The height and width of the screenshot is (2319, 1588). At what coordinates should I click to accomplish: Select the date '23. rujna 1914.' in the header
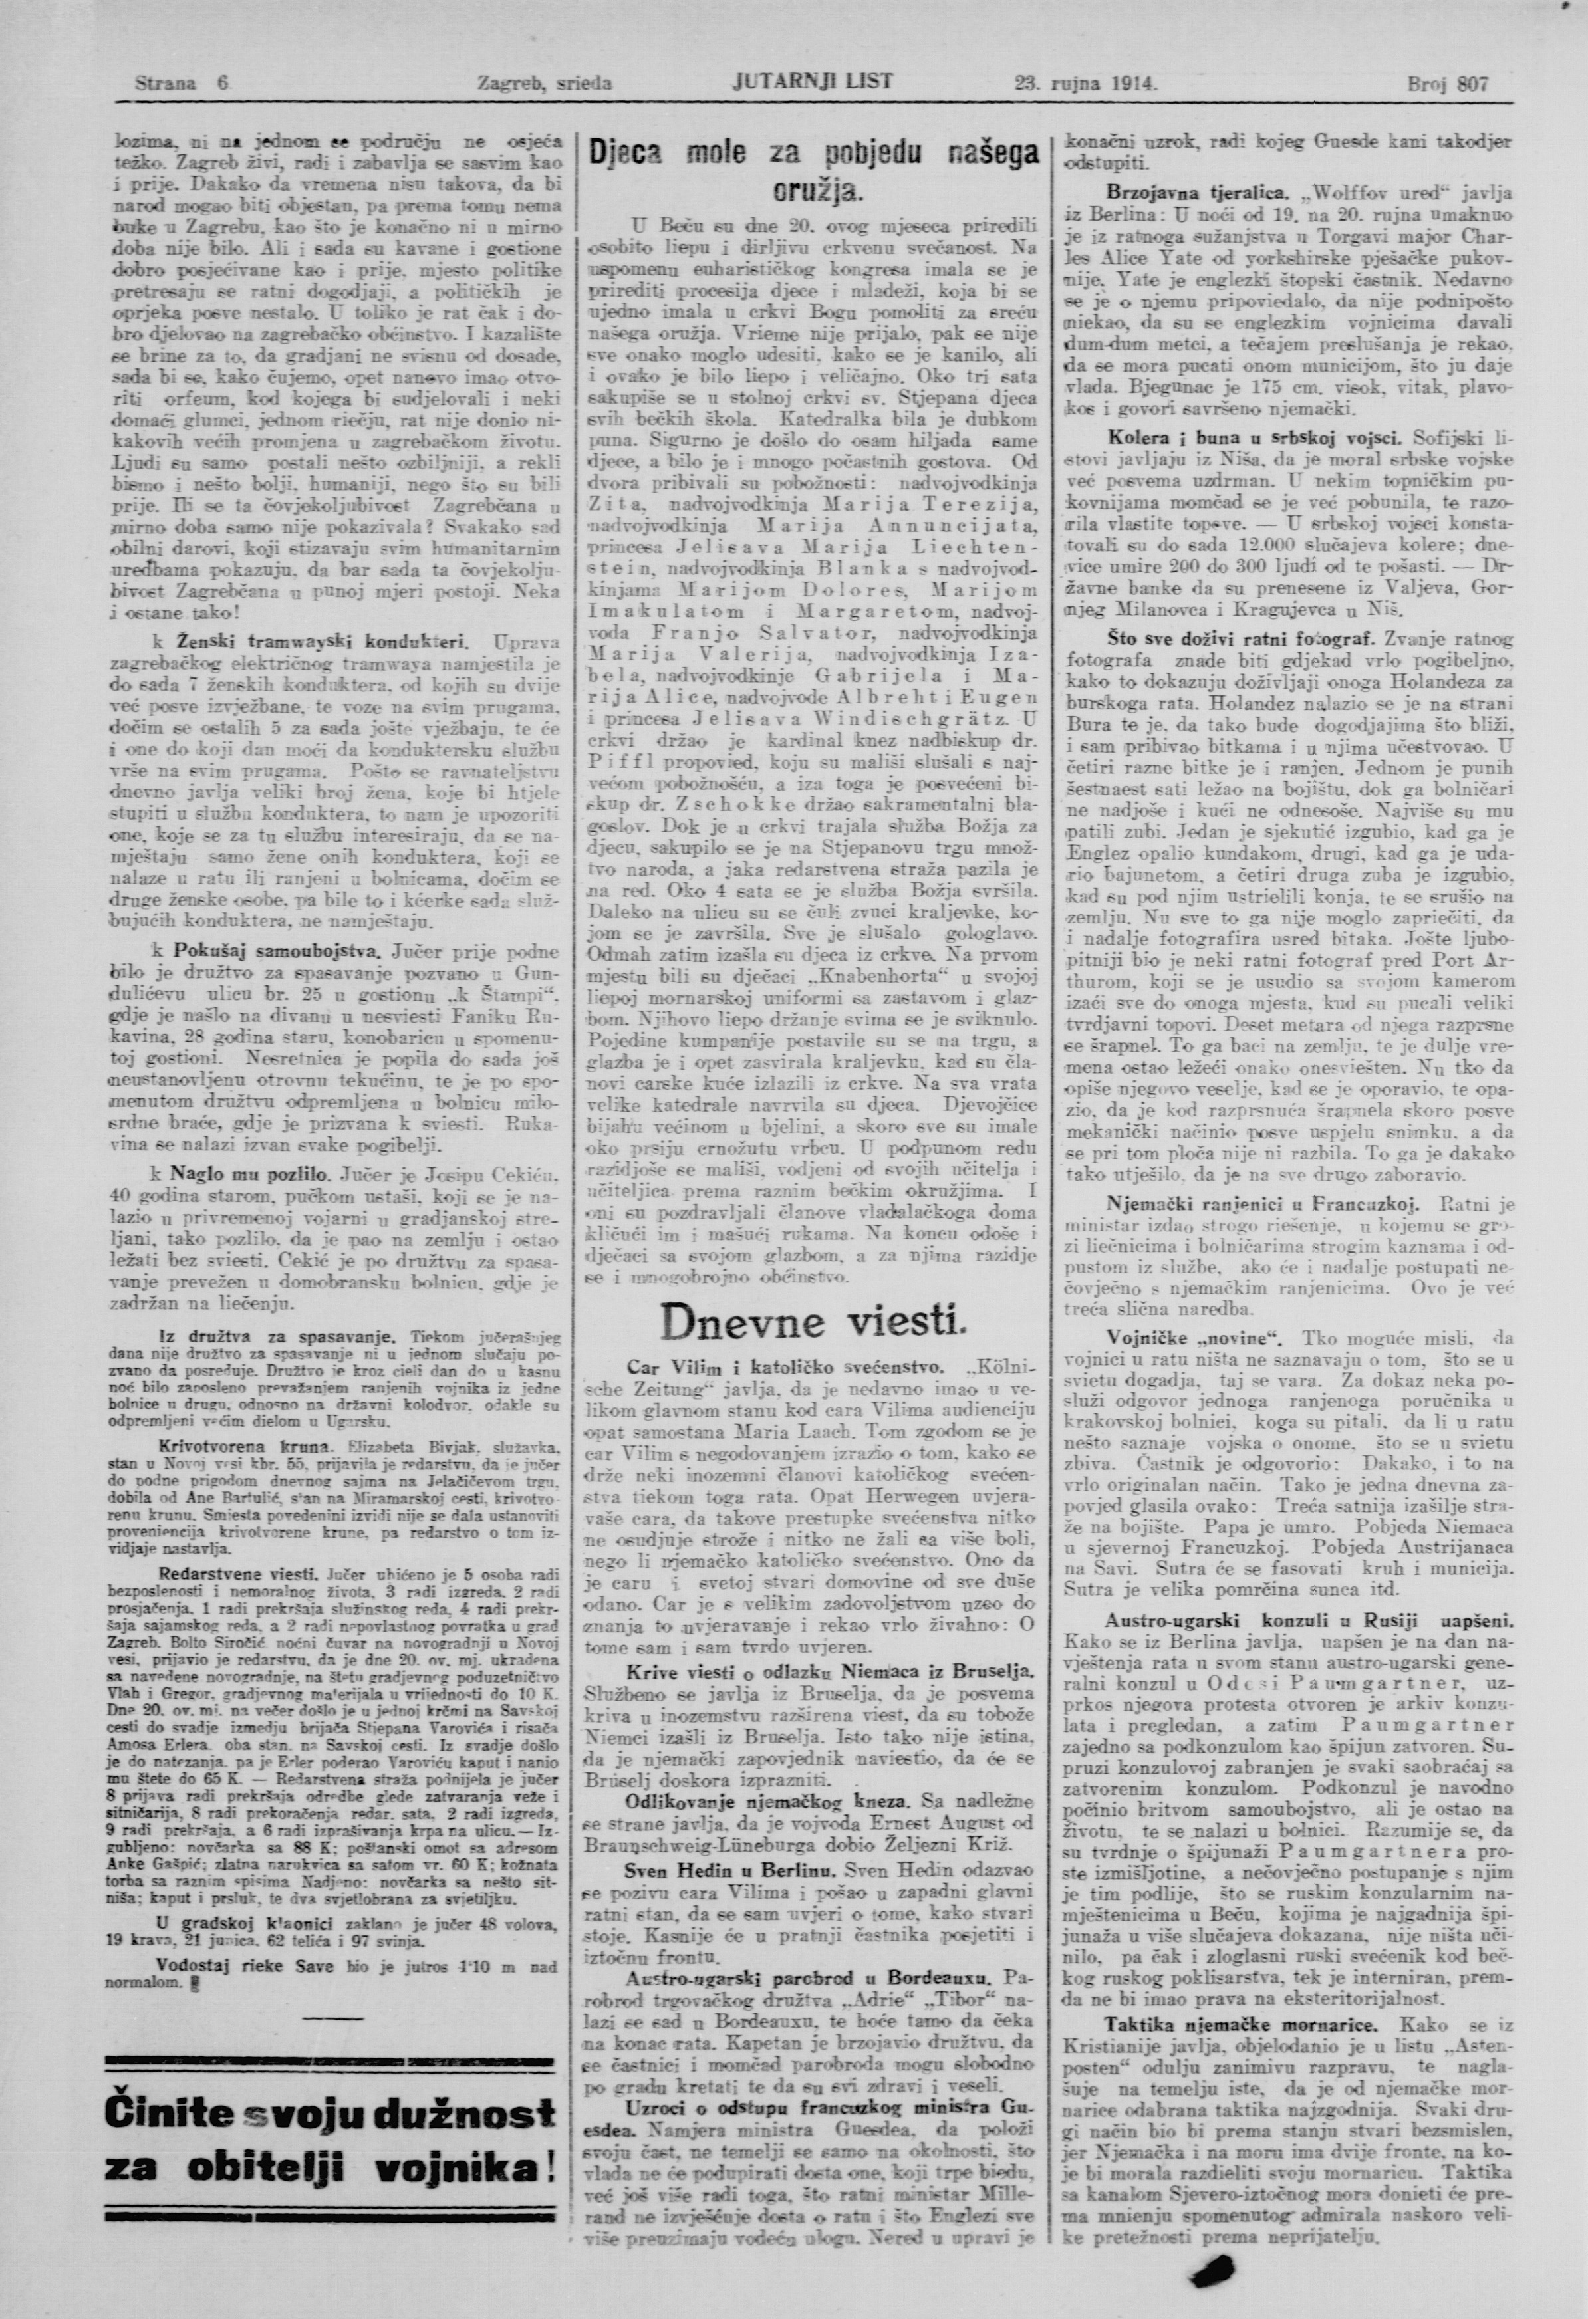click(x=1085, y=85)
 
